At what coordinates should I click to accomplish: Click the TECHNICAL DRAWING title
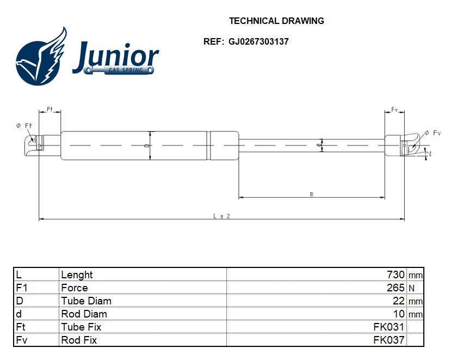pos(276,21)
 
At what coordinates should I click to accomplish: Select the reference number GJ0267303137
pos(258,41)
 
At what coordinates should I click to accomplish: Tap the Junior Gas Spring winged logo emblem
pos(41,57)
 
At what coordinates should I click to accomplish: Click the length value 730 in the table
pos(396,274)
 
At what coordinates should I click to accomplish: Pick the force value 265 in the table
pos(396,288)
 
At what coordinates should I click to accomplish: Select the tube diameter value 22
pos(399,301)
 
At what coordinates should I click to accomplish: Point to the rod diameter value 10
pos(399,314)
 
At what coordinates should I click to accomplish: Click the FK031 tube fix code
pos(388,327)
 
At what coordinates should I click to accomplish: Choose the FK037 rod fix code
pos(388,340)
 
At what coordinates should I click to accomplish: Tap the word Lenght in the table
pos(77,274)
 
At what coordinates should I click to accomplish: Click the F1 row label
pos(22,288)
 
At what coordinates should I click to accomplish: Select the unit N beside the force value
pos(411,288)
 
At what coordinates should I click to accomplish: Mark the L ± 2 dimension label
pos(221,216)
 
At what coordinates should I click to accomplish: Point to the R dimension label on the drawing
pos(311,194)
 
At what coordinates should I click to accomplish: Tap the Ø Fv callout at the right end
pos(433,133)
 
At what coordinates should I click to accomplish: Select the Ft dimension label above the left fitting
pos(50,109)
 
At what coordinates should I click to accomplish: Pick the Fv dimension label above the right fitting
pos(394,109)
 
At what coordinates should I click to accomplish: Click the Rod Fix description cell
pos(79,340)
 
